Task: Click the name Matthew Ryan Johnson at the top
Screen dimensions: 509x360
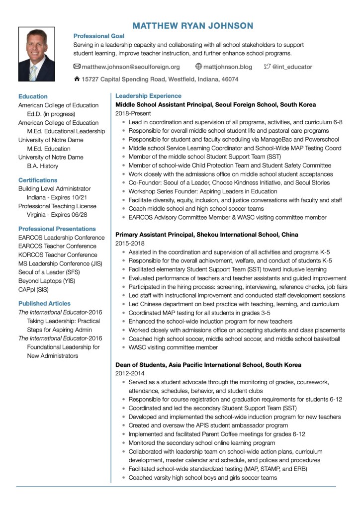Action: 193,25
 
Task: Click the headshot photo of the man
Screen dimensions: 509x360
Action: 36,54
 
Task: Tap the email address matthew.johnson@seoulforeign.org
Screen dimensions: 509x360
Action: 130,67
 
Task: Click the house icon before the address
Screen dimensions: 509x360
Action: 77,79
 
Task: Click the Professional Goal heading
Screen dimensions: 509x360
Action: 98,36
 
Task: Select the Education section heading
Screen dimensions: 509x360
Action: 33,96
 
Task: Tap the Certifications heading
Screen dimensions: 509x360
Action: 38,180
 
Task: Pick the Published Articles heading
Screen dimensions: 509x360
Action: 44,303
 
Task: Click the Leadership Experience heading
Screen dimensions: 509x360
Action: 148,96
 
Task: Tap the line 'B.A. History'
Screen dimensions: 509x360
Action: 42,166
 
